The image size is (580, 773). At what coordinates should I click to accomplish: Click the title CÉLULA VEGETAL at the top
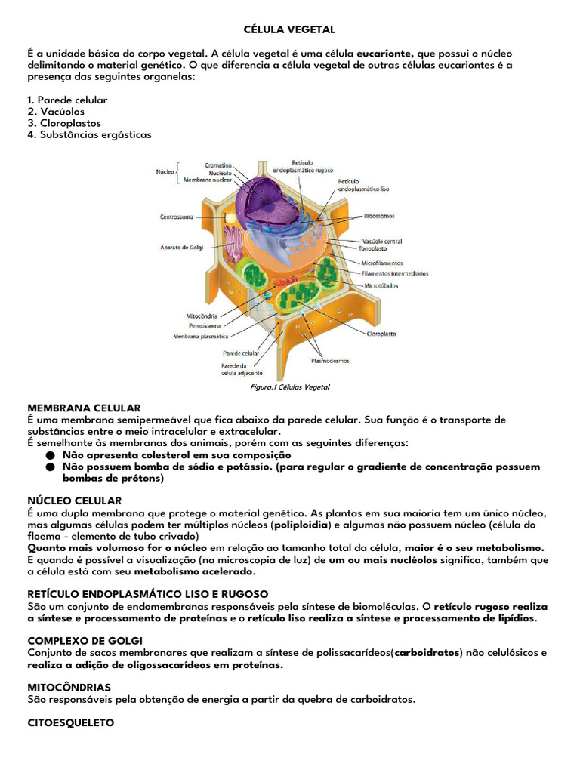pyautogui.click(x=289, y=29)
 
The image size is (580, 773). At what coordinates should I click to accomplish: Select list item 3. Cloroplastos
pyautogui.click(x=63, y=123)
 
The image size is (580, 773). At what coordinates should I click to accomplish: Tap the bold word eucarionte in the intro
pyautogui.click(x=385, y=54)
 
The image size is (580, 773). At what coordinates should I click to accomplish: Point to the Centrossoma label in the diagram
pyautogui.click(x=177, y=217)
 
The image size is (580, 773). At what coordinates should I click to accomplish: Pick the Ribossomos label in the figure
pyautogui.click(x=379, y=216)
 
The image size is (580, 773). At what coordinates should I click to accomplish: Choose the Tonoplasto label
pyautogui.click(x=372, y=248)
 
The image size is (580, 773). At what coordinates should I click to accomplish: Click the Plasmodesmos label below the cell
pyautogui.click(x=329, y=361)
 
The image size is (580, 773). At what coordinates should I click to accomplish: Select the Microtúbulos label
pyautogui.click(x=381, y=286)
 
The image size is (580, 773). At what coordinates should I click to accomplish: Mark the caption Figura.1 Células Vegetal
pyautogui.click(x=289, y=387)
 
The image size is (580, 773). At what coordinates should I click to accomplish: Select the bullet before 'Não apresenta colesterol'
pyautogui.click(x=51, y=456)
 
